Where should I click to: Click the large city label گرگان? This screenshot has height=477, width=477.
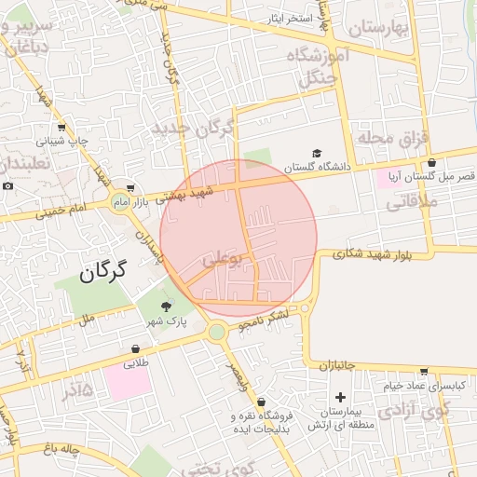(x=102, y=273)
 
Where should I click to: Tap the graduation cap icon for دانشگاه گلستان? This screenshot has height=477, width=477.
(x=317, y=153)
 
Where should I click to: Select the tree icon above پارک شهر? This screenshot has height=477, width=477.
(x=167, y=306)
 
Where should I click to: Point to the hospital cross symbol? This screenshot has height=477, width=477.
(x=341, y=398)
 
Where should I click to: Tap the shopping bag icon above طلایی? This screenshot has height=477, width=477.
(x=136, y=351)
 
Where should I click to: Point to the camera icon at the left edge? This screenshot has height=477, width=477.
(x=7, y=185)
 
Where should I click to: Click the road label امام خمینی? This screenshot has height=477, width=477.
(x=62, y=211)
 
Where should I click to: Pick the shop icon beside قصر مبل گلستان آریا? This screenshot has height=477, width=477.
(x=431, y=162)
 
